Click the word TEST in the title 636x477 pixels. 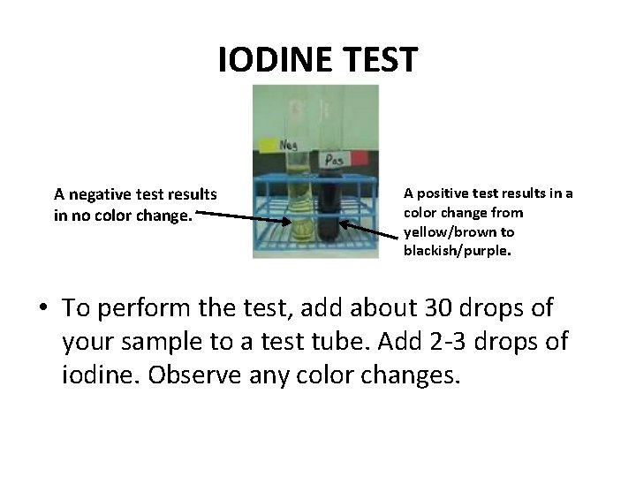(x=377, y=60)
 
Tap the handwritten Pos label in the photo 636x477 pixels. (x=335, y=159)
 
